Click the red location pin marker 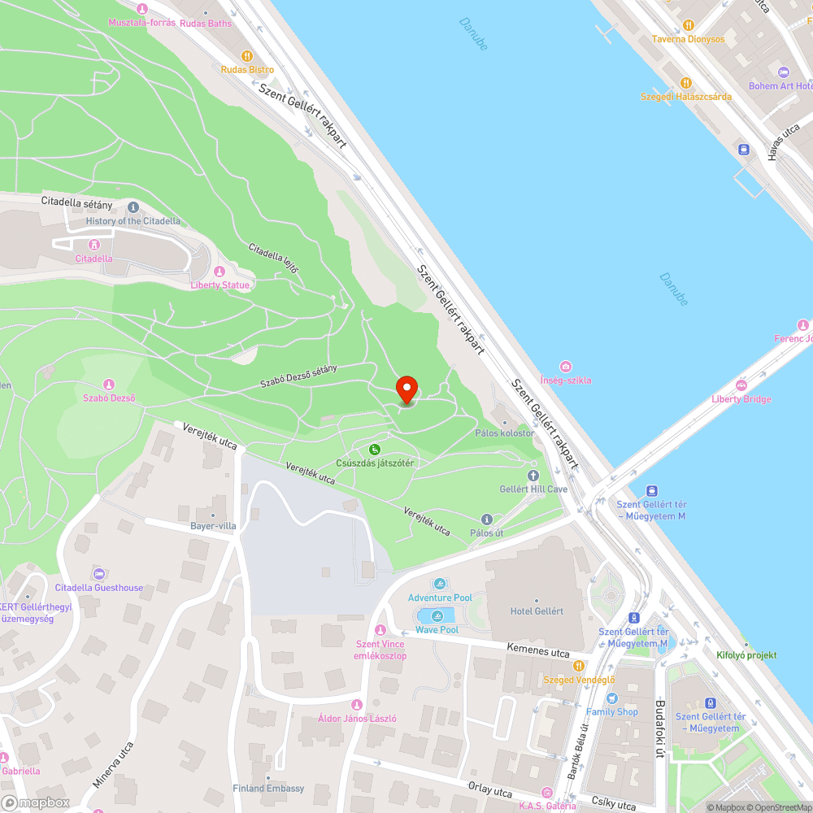pos(406,389)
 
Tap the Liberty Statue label pos(220,285)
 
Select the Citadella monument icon pos(93,244)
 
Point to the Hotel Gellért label pos(537,611)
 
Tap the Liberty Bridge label pos(741,399)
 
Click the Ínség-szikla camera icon pos(566,367)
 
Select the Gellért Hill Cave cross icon pos(533,475)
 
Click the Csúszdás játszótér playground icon pos(375,450)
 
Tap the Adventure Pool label pos(440,598)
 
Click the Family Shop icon pos(612,698)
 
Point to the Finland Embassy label pos(268,789)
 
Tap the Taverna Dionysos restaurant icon pos(689,25)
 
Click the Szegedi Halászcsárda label pos(685,96)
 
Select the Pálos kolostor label pos(505,433)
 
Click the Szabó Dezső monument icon pos(109,384)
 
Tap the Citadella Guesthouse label pos(99,588)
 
